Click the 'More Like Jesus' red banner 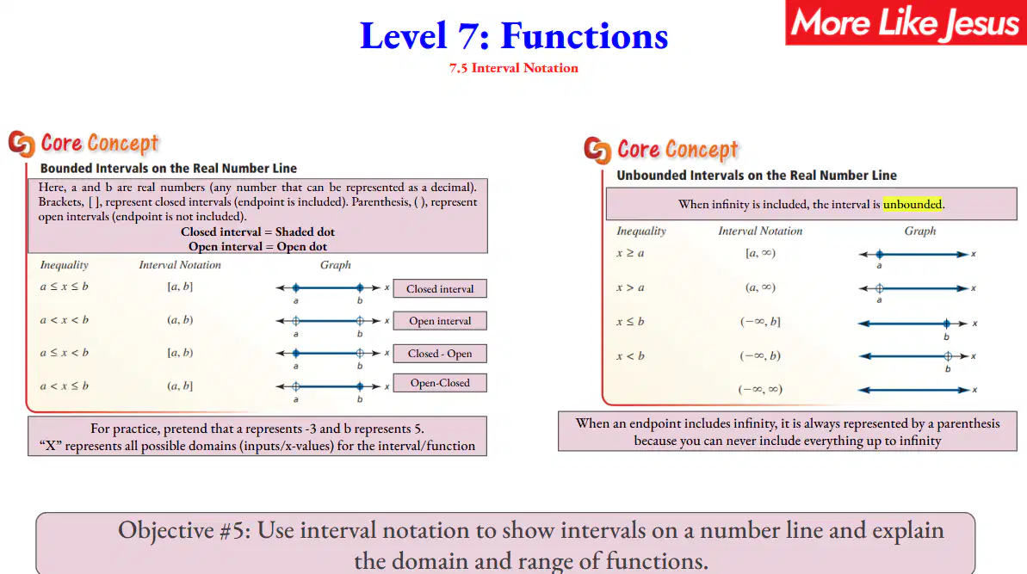906,23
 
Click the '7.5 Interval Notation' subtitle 513,68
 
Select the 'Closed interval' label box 440,288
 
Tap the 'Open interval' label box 440,321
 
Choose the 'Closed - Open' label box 440,354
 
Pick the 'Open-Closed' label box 440,383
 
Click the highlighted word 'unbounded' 913,204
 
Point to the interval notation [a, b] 180,287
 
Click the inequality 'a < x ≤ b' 65,386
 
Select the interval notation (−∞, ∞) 760,390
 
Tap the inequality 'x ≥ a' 630,253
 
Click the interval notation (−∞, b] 760,322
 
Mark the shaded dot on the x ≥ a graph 880,254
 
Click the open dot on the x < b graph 948,356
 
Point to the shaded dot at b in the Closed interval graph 360,288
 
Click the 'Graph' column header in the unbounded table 920,231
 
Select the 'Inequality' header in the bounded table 65,265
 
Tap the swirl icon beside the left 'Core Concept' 22,144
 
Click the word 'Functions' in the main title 585,36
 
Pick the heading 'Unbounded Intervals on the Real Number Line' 757,176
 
